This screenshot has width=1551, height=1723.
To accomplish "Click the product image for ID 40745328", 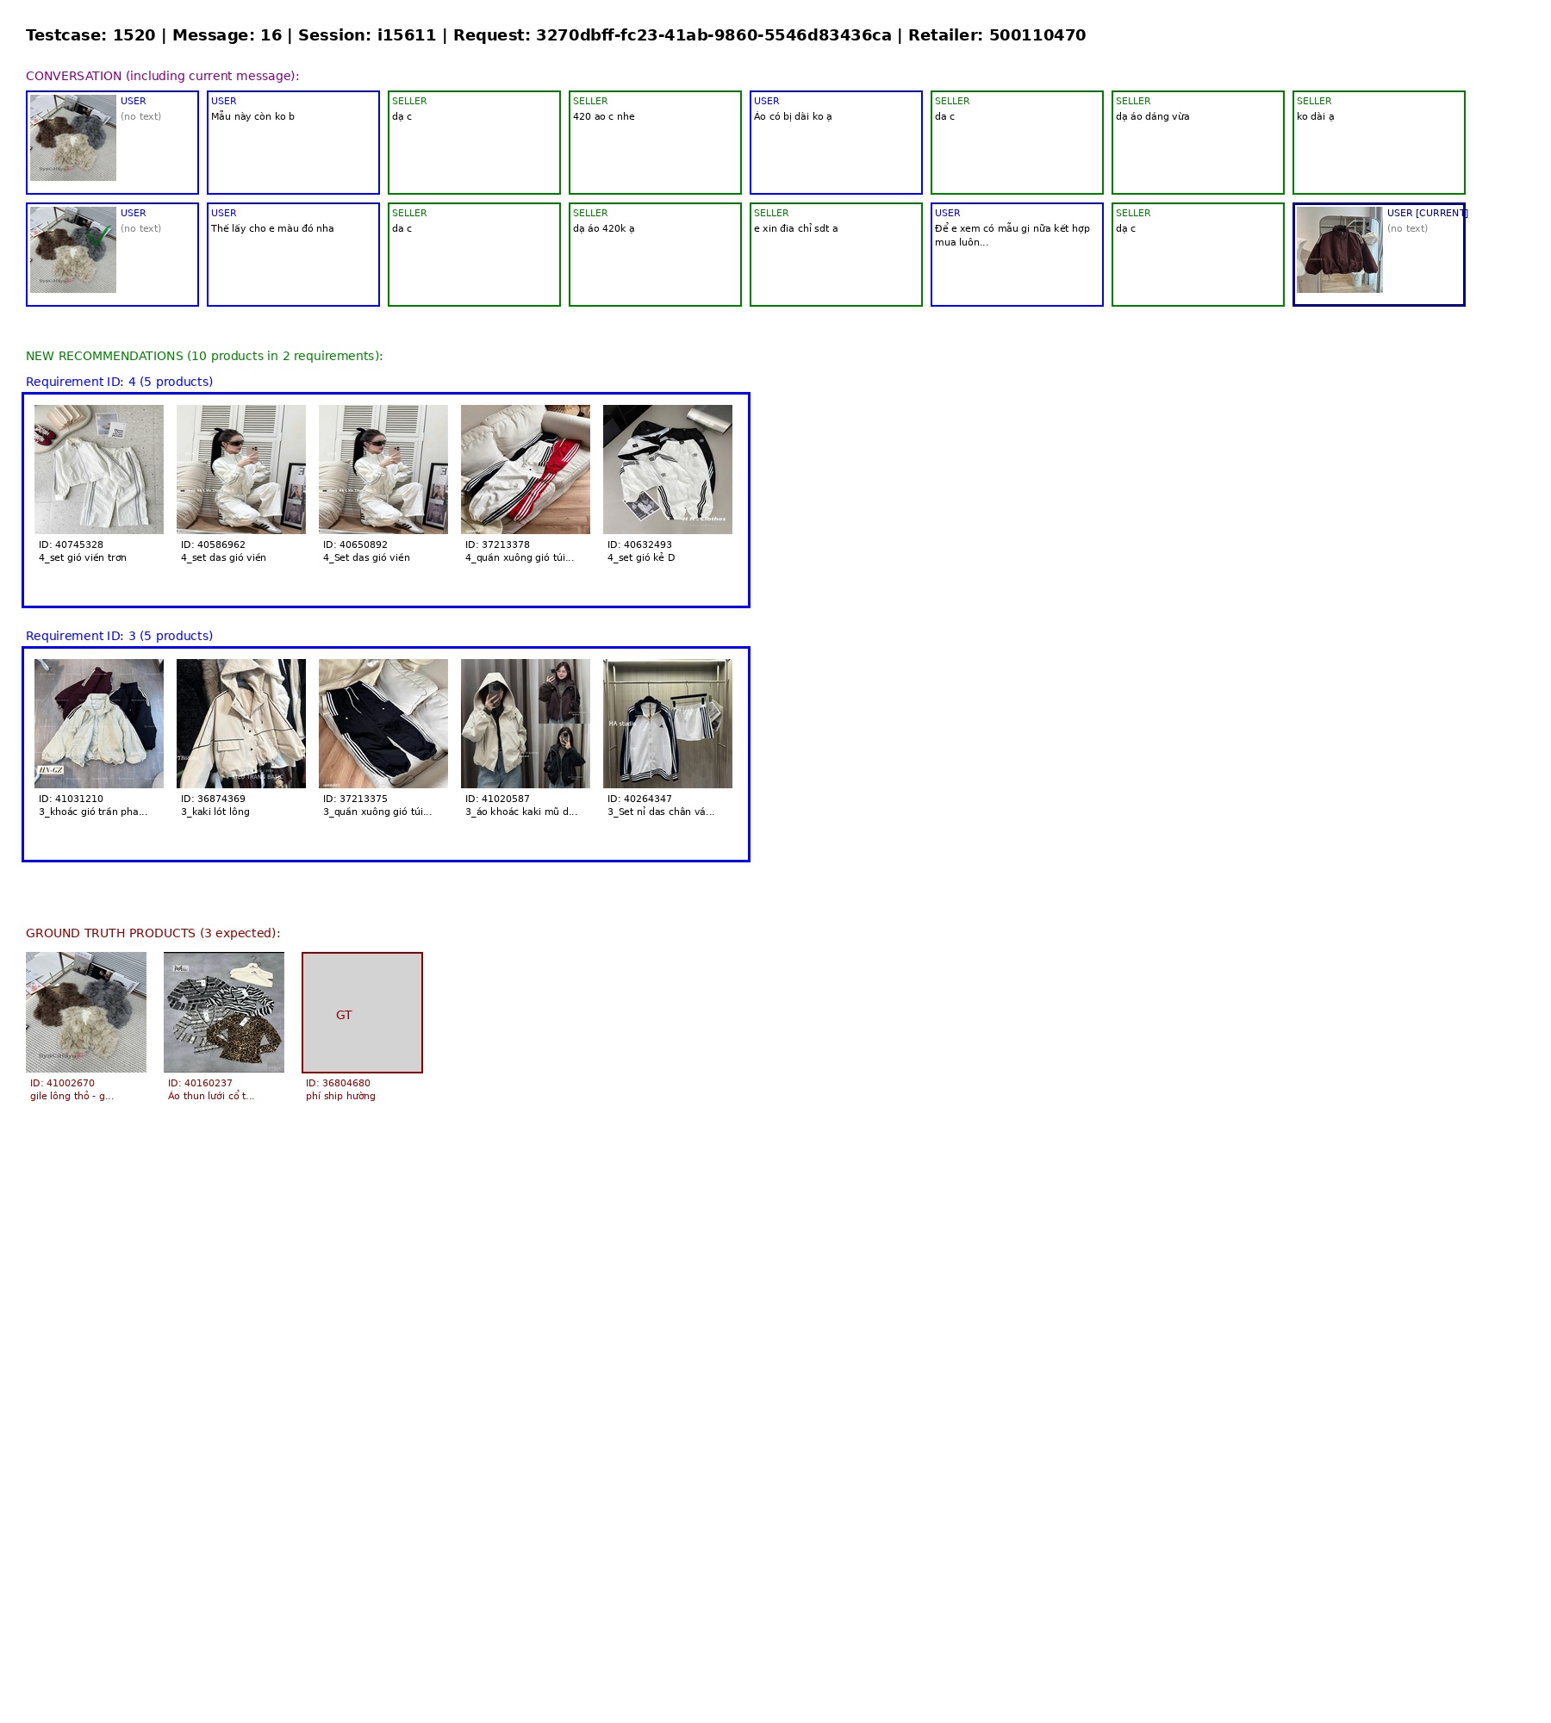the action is point(99,470).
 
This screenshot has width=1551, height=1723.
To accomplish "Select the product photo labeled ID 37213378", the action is point(526,470).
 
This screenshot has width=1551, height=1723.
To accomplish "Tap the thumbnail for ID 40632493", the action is point(668,470).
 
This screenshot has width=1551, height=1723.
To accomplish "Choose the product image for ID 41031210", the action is point(99,724).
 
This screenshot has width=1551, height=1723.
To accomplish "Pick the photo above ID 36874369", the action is point(241,724).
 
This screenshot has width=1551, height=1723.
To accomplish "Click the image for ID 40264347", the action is point(668,724).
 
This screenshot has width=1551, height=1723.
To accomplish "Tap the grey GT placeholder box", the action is point(362,1012).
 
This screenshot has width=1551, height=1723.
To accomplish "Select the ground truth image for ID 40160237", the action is point(224,1012).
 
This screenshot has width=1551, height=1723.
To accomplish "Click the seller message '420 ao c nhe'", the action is point(604,116).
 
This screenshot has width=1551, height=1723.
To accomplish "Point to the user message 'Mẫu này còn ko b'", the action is point(252,116).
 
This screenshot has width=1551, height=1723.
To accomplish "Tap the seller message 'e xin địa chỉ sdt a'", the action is point(795,228).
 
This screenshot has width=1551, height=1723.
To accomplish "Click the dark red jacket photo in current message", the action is point(1340,250).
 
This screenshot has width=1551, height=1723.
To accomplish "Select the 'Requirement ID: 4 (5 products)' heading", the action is point(119,382).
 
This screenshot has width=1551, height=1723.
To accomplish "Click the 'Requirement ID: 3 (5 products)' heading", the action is point(119,636).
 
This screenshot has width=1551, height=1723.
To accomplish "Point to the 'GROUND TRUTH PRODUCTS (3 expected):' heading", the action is point(153,933).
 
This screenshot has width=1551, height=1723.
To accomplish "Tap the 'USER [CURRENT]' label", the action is point(1427,213).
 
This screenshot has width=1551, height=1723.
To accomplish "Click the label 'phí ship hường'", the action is point(340,1096).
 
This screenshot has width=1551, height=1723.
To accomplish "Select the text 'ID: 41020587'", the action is point(497,799).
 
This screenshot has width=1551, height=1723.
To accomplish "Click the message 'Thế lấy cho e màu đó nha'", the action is point(272,228).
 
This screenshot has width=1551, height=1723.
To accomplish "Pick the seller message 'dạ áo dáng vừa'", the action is point(1152,116).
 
